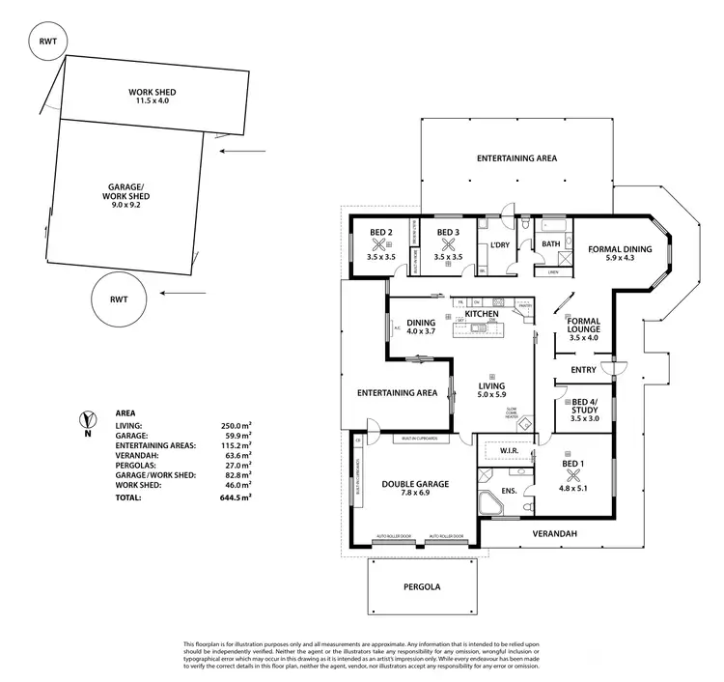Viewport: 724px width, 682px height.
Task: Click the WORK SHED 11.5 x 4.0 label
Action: pyautogui.click(x=153, y=96)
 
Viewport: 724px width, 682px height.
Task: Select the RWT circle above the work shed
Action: pyautogui.click(x=46, y=43)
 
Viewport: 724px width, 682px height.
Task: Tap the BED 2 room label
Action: pyautogui.click(x=379, y=232)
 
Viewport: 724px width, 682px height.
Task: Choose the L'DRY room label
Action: pyautogui.click(x=499, y=245)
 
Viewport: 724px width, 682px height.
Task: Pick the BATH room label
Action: pyautogui.click(x=550, y=244)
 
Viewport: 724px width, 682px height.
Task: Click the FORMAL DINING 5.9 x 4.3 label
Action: pyautogui.click(x=620, y=255)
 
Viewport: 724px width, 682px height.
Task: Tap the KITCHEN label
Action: pyautogui.click(x=481, y=315)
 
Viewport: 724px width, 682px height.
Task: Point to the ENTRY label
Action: pyautogui.click(x=583, y=369)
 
